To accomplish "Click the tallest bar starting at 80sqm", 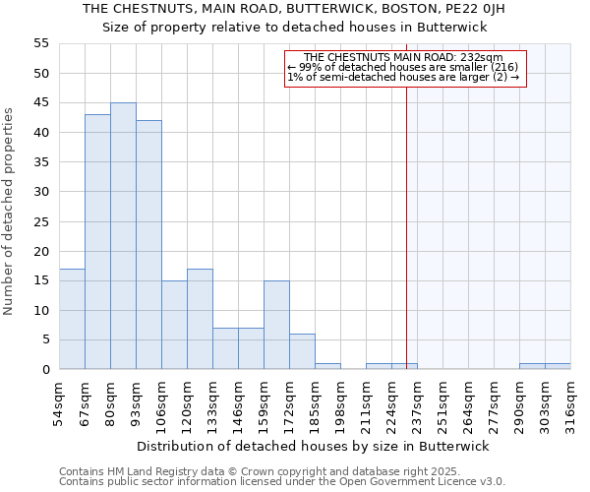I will coord(123,236).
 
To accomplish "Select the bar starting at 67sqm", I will coord(97,242).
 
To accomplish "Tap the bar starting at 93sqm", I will coord(148,245).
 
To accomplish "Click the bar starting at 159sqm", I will coord(276,325).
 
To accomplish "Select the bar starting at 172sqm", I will coord(302,351).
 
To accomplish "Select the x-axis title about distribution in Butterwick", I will coord(313,446).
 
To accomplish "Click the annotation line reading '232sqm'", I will coord(403,58).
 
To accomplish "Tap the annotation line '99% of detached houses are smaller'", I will coord(403,68).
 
